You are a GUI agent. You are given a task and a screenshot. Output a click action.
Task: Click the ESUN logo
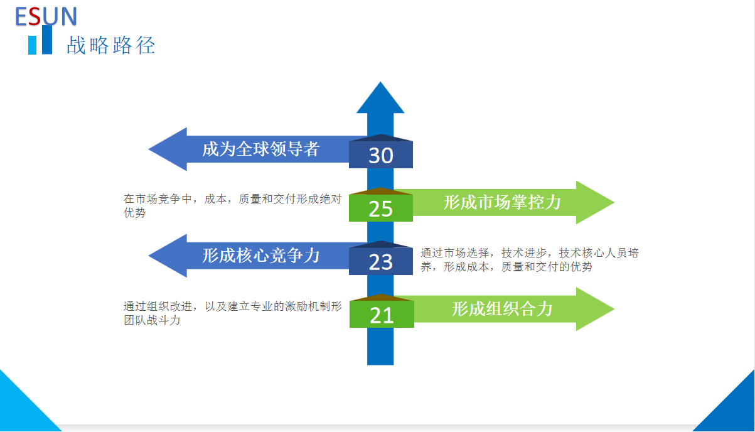[x=46, y=16]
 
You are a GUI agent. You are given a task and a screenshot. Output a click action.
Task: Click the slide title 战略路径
[x=111, y=45]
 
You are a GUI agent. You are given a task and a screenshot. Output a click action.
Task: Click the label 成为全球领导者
[x=260, y=149]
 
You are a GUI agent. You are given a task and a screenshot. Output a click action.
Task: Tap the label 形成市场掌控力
[x=502, y=202]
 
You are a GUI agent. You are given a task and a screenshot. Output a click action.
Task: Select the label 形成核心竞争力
[x=260, y=256]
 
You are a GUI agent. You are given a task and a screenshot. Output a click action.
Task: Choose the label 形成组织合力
[x=502, y=309]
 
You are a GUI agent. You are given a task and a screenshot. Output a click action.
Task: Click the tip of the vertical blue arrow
[x=380, y=82]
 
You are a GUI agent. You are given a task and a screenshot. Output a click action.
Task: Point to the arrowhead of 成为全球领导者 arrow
[x=149, y=149]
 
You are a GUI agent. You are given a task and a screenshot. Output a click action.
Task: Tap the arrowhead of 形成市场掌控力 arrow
[x=614, y=202]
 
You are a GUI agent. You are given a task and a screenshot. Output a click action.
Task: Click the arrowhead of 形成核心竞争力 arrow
[x=149, y=256]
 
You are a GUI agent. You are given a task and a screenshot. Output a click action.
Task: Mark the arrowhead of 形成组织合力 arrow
[x=614, y=309]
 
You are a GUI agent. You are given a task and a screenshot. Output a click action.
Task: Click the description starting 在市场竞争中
[x=233, y=206]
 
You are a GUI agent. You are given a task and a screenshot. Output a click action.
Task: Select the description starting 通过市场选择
[x=530, y=260]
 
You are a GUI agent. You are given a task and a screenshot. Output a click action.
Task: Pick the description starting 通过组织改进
[x=233, y=313]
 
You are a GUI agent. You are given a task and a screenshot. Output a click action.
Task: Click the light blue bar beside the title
[x=32, y=45]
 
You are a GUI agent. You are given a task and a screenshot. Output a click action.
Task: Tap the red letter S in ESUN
[x=35, y=16]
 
